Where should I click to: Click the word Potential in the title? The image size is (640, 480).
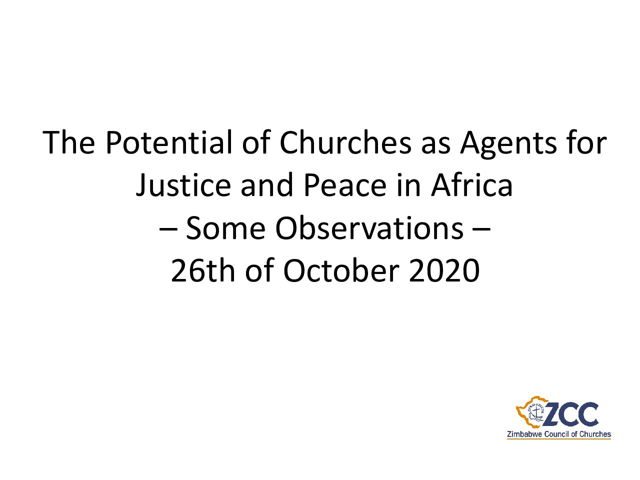click(x=169, y=142)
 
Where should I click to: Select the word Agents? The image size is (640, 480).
click(x=508, y=145)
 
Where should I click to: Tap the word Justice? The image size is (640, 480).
click(x=183, y=185)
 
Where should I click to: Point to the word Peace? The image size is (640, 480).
click(x=345, y=185)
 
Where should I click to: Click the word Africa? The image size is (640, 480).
click(x=472, y=185)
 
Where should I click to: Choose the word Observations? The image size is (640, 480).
click(x=369, y=228)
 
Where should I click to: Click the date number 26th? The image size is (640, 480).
click(x=202, y=270)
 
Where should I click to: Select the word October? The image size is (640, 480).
click(x=341, y=270)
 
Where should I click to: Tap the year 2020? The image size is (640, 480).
click(x=444, y=271)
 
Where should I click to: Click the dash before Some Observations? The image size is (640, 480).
click(x=168, y=229)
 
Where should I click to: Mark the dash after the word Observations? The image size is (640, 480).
click(x=481, y=229)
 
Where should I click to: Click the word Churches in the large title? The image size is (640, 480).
click(x=345, y=142)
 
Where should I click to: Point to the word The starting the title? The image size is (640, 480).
click(x=68, y=142)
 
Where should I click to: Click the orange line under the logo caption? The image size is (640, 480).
click(x=559, y=447)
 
